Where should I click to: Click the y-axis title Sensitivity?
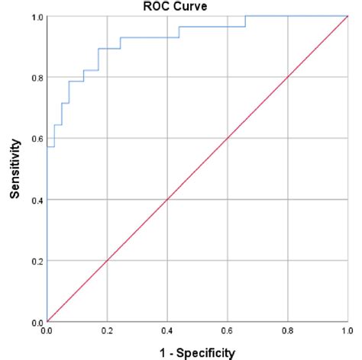point(15,169)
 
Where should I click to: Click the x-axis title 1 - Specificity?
point(197,352)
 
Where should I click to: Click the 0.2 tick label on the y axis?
point(36,261)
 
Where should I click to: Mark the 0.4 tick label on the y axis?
point(36,200)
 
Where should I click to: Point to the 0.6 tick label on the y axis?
point(36,139)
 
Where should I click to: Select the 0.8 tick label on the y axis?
point(36,77)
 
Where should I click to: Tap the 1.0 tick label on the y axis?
point(36,16)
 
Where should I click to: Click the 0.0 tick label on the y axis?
point(36,322)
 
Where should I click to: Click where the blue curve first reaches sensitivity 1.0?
point(245,16)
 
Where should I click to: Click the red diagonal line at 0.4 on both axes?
point(167,200)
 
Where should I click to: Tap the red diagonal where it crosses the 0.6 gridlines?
point(228,139)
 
